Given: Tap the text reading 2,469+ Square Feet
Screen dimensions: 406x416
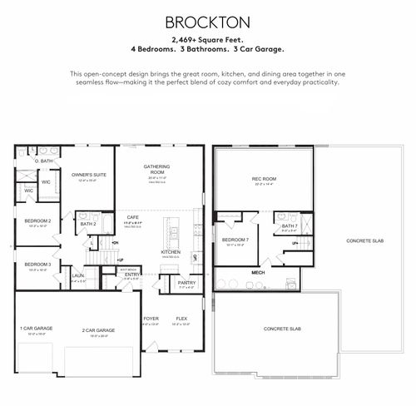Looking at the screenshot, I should [x=207, y=39].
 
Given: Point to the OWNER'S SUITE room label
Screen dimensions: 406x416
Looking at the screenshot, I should [x=89, y=175].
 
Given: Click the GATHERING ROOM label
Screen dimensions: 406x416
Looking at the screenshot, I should [x=157, y=169].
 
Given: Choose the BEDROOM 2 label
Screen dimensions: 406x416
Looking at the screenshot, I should [x=38, y=220].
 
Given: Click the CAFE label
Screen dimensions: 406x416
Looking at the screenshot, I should [x=133, y=218].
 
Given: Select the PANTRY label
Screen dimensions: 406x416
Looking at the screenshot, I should [x=186, y=283].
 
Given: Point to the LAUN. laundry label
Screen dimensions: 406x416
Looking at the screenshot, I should [x=77, y=275].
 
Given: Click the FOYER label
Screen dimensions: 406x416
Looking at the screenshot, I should [x=151, y=319].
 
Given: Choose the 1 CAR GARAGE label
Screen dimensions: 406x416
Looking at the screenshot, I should [x=37, y=329].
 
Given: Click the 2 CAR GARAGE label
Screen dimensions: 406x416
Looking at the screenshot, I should [x=98, y=330].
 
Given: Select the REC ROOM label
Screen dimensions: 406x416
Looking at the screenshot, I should [x=263, y=179].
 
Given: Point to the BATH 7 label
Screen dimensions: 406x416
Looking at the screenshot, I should [x=289, y=225].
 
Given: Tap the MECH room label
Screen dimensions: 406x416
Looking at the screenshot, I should [x=258, y=272].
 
